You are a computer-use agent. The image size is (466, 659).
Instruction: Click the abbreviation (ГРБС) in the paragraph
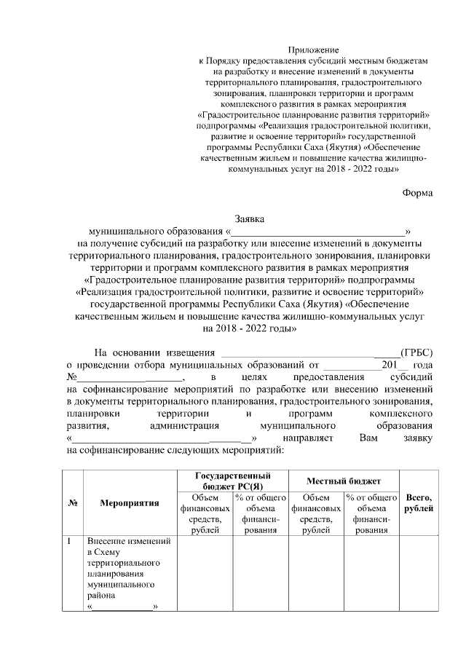click(416, 353)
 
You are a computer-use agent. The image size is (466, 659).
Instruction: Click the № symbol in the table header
click(73, 502)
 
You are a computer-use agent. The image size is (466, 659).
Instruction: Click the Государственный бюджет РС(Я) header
click(232, 481)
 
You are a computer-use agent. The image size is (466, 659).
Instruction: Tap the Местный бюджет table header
click(344, 481)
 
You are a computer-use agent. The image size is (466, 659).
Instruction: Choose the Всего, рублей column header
click(418, 502)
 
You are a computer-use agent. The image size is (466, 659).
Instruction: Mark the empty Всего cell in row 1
click(418, 575)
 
